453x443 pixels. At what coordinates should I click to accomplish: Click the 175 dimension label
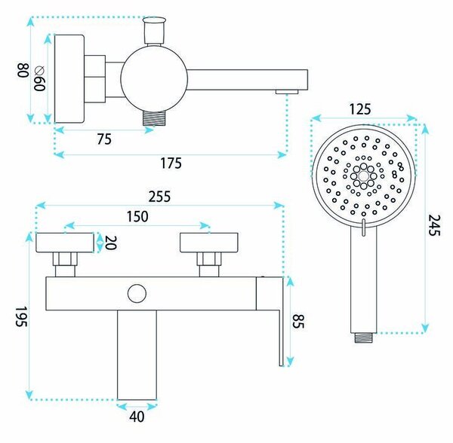[171, 163]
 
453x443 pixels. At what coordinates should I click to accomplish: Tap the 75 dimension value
[104, 139]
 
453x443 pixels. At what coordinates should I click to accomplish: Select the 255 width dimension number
[159, 197]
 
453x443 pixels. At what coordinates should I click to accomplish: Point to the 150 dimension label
[137, 216]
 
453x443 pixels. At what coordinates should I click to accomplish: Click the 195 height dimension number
[21, 316]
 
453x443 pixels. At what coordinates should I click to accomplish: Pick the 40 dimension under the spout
[137, 417]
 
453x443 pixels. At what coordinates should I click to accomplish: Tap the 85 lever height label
[298, 321]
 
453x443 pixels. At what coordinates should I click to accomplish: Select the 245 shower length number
[434, 225]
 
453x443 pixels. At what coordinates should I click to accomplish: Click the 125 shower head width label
[360, 109]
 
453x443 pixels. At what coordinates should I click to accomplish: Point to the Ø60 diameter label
[39, 78]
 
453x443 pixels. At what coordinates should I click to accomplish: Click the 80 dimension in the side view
[23, 70]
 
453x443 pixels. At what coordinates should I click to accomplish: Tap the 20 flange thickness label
[111, 243]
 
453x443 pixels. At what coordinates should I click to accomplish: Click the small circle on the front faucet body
[137, 293]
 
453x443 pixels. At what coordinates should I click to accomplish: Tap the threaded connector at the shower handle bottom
[363, 338]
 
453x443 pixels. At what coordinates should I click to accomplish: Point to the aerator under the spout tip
[287, 92]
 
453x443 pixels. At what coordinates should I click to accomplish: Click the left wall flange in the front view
[65, 243]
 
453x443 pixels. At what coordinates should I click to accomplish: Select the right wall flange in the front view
[209, 243]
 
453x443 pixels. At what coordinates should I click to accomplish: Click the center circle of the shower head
[363, 176]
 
